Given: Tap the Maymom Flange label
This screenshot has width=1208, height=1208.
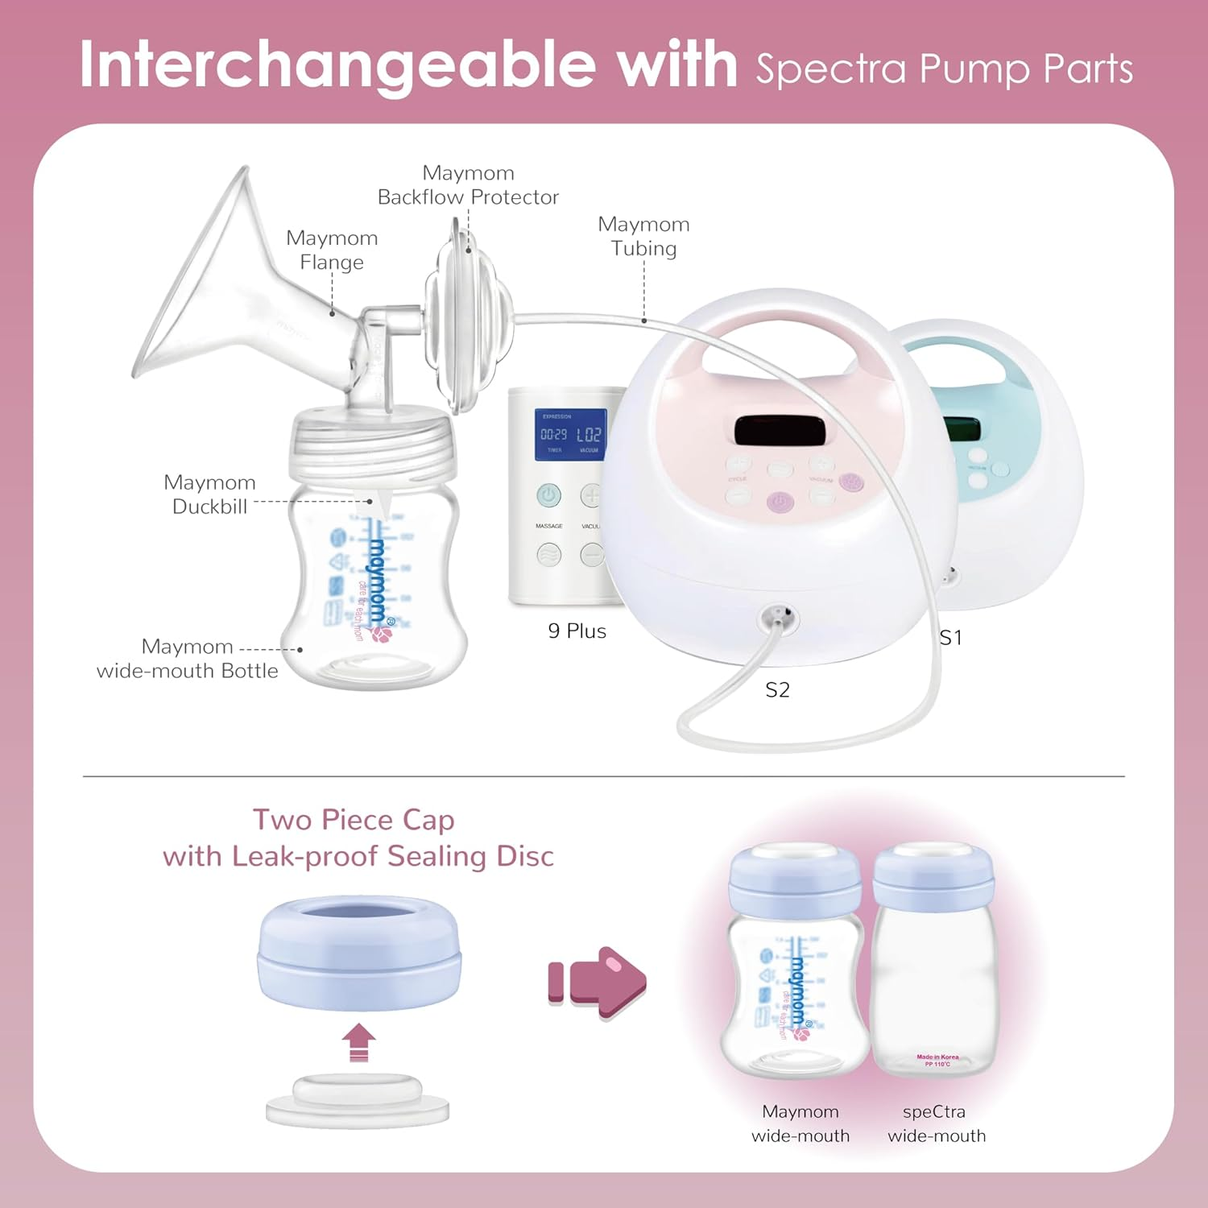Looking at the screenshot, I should [332, 250].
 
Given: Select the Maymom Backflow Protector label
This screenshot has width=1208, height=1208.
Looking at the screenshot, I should [468, 185].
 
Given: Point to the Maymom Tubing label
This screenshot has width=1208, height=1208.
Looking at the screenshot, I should [643, 236].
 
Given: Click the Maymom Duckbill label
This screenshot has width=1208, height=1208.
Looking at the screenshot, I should [209, 494].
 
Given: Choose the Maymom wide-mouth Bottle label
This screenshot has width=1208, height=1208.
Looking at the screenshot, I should [187, 659].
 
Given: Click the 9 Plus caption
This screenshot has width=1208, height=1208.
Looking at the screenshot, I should [577, 631].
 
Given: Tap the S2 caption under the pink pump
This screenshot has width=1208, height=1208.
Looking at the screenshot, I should [777, 690].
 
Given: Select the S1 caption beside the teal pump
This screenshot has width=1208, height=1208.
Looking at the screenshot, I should [950, 638].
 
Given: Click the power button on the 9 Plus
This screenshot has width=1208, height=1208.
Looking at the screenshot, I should [549, 495].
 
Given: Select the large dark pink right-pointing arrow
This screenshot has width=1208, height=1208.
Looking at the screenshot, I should [600, 983].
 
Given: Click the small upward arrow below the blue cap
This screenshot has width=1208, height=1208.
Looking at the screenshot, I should [359, 1042].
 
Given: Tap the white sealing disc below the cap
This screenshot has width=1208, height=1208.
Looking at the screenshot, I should [358, 1102].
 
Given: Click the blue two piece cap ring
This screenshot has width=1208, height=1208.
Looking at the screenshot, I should [359, 954].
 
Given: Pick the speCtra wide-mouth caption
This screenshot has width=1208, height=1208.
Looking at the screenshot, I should [936, 1123].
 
